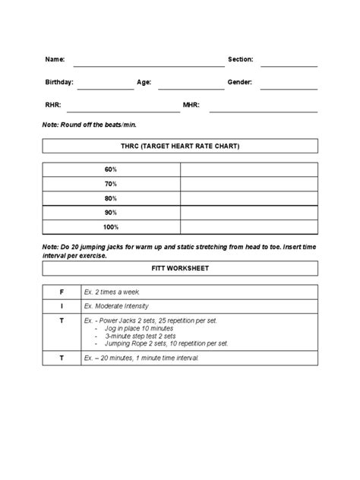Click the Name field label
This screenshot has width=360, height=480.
(54, 59)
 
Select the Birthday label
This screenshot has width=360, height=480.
(59, 81)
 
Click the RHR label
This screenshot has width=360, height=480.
(52, 104)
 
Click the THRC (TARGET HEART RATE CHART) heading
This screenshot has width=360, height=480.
(180, 146)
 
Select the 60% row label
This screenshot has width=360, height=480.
(111, 169)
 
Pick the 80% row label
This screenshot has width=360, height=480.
(111, 198)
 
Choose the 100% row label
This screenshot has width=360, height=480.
(111, 227)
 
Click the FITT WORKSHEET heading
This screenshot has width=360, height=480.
(180, 268)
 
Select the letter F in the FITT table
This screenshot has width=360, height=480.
(62, 292)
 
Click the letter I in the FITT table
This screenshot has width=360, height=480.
(62, 306)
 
